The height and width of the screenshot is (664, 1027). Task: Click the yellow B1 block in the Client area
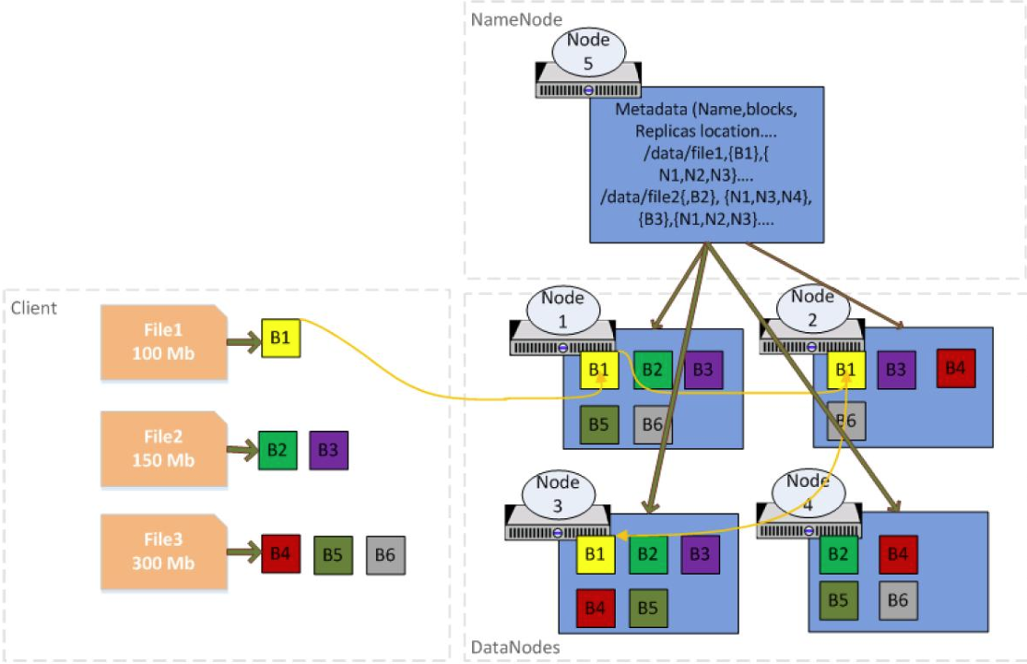(280, 338)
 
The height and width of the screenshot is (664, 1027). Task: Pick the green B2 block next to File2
(277, 450)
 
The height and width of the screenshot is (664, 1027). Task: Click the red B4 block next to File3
(280, 554)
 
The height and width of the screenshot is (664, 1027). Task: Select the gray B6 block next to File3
(385, 555)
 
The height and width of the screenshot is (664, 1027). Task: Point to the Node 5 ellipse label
(588, 52)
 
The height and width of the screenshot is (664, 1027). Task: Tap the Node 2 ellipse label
(812, 308)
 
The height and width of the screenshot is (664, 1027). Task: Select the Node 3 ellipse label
(557, 494)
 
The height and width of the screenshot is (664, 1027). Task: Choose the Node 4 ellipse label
(808, 492)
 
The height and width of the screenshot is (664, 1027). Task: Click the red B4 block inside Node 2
(955, 368)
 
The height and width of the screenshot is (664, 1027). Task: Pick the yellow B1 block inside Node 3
(596, 554)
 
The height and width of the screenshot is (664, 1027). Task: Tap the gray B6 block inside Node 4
(898, 599)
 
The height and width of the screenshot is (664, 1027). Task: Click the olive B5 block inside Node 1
(599, 424)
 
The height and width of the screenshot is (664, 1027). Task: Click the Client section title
(33, 308)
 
